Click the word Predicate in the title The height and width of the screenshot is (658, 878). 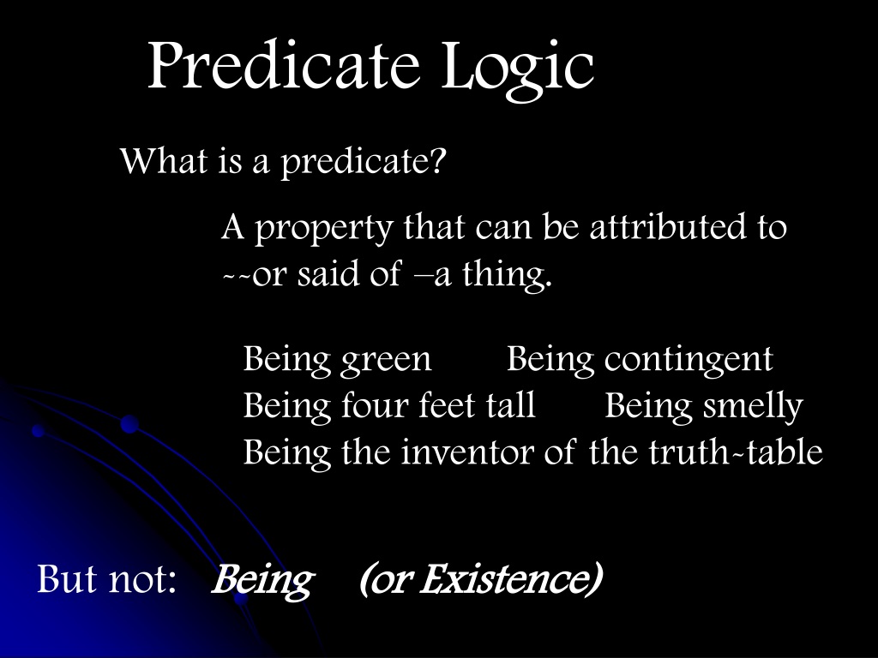click(x=284, y=64)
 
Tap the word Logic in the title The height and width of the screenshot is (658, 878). click(x=518, y=70)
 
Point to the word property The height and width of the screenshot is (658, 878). click(x=324, y=230)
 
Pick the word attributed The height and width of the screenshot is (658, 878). click(x=668, y=226)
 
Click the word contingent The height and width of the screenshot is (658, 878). click(x=689, y=360)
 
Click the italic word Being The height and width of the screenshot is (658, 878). click(x=262, y=581)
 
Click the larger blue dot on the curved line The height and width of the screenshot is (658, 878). click(x=129, y=424)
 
